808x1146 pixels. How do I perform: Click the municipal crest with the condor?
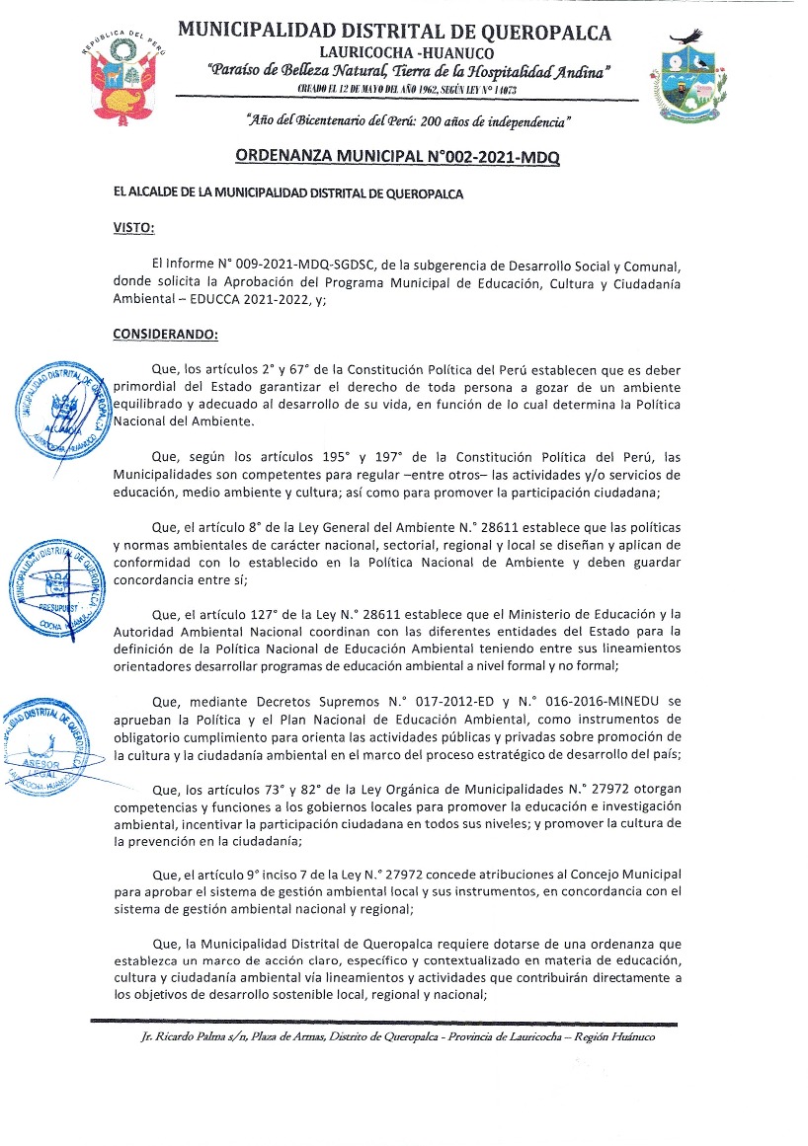[x=687, y=79]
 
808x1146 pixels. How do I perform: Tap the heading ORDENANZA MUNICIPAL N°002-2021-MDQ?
[x=398, y=157]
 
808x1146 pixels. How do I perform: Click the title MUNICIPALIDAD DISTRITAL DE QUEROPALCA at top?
[x=394, y=32]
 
